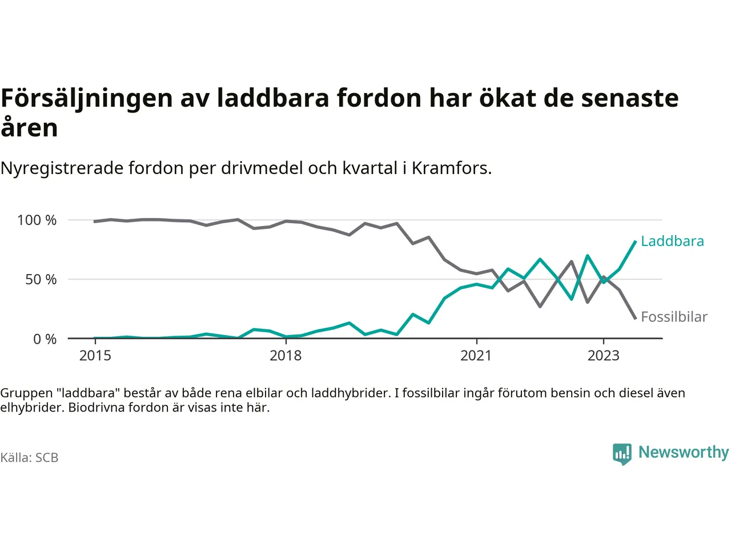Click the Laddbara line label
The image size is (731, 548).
click(x=672, y=241)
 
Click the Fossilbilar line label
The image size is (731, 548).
click(x=674, y=317)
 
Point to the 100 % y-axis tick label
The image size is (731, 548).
click(x=37, y=220)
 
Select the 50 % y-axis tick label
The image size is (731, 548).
click(x=41, y=280)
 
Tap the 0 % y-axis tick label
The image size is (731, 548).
click(x=45, y=340)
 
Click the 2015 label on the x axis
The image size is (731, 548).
click(x=95, y=356)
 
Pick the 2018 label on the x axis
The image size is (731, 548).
click(x=286, y=356)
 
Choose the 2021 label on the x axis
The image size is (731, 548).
click(x=476, y=356)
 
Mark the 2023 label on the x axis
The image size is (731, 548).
click(x=603, y=356)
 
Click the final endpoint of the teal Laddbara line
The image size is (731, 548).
click(x=635, y=241)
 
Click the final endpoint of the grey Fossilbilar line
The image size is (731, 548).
click(x=635, y=318)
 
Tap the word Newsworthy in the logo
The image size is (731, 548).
click(x=684, y=452)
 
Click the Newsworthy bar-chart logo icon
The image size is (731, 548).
click(x=622, y=454)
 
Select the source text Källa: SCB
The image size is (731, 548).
click(x=29, y=458)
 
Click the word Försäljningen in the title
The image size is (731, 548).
click(x=87, y=99)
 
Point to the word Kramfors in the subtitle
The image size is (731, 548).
click(x=450, y=168)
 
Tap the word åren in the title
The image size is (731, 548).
click(x=29, y=128)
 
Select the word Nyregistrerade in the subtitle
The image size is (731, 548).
click(x=62, y=168)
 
